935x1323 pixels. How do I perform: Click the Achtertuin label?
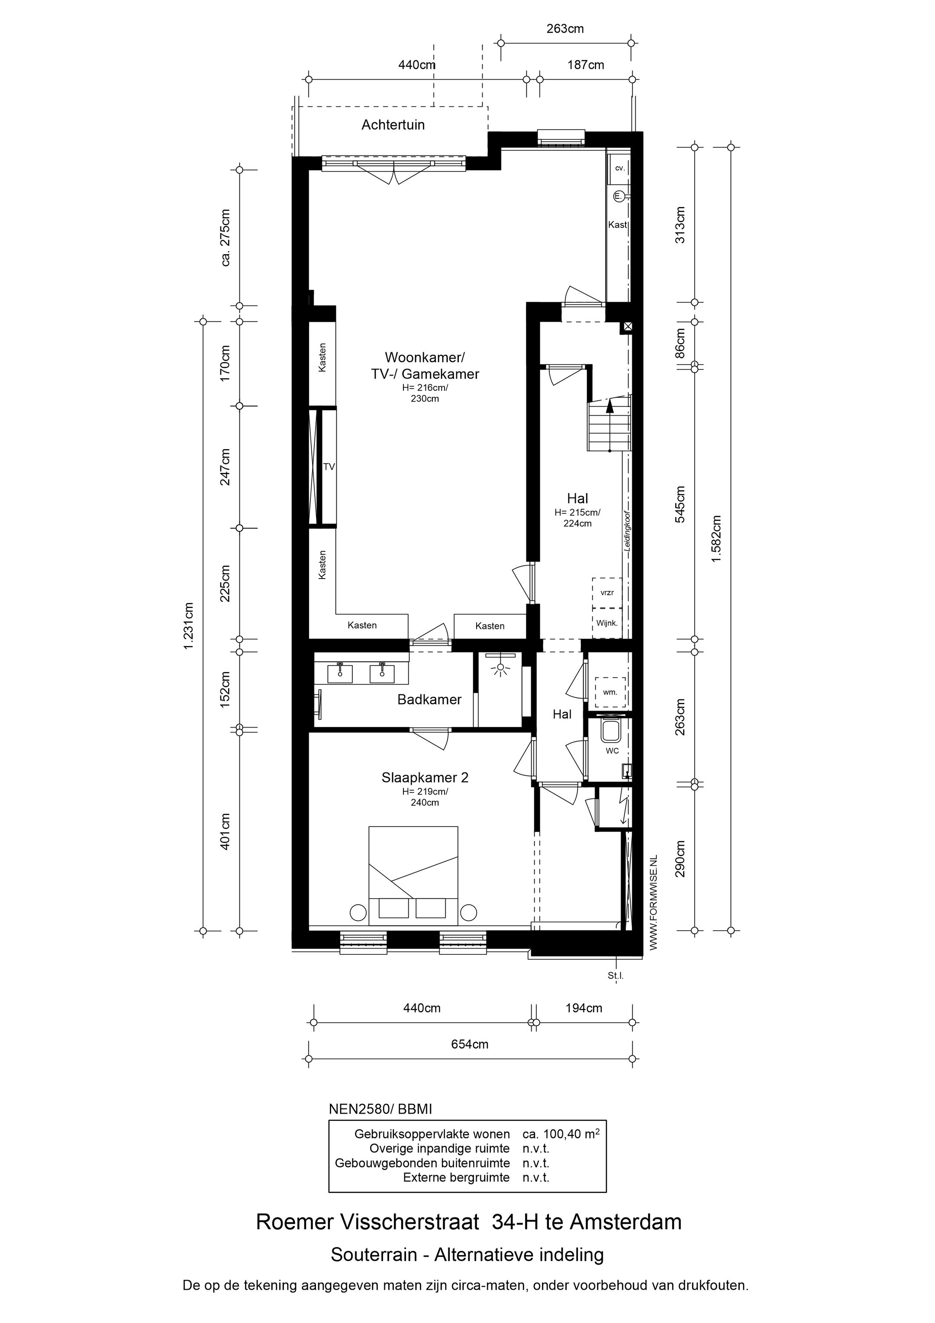coord(393,124)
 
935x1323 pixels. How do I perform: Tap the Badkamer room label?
coord(429,699)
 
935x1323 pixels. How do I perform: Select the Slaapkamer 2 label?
coord(425,777)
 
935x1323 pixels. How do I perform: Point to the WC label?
coord(612,751)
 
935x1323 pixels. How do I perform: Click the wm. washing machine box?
coord(610,692)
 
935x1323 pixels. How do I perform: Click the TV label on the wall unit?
coord(329,467)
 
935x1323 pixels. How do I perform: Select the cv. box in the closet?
coord(620,168)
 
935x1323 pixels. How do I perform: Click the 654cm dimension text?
coord(470,1044)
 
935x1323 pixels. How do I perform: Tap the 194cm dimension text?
coord(584,1008)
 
